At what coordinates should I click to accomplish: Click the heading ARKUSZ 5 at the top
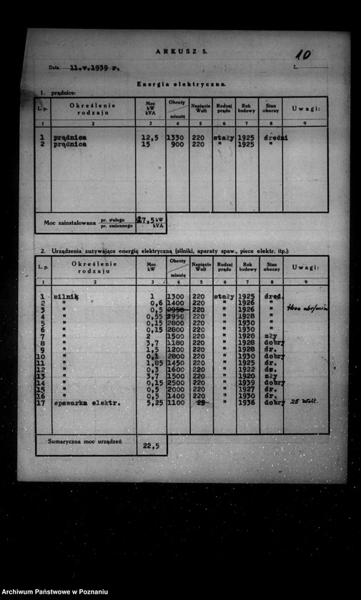click(x=181, y=51)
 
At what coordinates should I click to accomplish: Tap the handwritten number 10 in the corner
click(x=303, y=54)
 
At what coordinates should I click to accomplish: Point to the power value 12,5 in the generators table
click(x=150, y=137)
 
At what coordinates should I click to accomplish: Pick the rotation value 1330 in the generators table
click(x=175, y=137)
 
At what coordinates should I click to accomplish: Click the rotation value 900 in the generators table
click(x=177, y=144)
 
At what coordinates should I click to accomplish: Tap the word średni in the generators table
click(x=275, y=137)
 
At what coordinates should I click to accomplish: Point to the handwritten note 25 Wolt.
click(x=303, y=401)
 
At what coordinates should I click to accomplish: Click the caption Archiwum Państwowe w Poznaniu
click(x=56, y=592)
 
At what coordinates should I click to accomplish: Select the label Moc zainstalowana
click(x=69, y=223)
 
